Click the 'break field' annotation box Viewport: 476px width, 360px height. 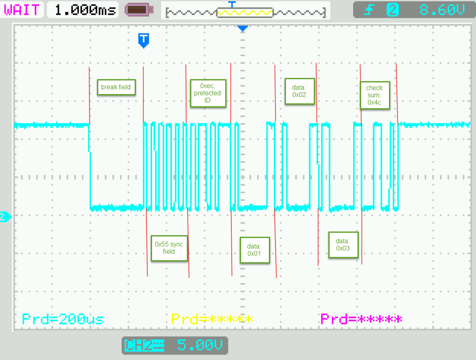tap(115, 87)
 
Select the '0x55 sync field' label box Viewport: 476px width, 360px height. tap(169, 248)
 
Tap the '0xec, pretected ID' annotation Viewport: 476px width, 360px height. tap(207, 93)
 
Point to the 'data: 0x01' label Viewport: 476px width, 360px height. tap(254, 250)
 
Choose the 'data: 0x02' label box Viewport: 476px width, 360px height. tap(299, 91)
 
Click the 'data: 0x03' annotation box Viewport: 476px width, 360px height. tap(343, 245)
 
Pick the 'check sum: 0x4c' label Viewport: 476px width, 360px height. tap(375, 95)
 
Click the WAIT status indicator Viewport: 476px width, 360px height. tap(22, 10)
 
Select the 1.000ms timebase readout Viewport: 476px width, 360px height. tap(85, 10)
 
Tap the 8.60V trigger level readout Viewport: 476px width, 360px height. tap(441, 10)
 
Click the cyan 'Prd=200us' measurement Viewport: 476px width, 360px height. tap(63, 319)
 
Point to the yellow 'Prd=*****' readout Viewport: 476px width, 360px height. tap(212, 319)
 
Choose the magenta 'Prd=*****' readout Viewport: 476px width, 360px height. tap(361, 319)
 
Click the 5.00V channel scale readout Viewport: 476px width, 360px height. tap(199, 345)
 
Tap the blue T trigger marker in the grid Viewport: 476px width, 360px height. tap(144, 40)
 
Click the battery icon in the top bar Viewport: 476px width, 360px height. tap(139, 10)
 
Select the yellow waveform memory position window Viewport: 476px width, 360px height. tap(245, 12)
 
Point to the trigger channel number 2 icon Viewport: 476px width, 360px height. tap(393, 10)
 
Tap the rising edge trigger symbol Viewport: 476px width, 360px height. tap(369, 10)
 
